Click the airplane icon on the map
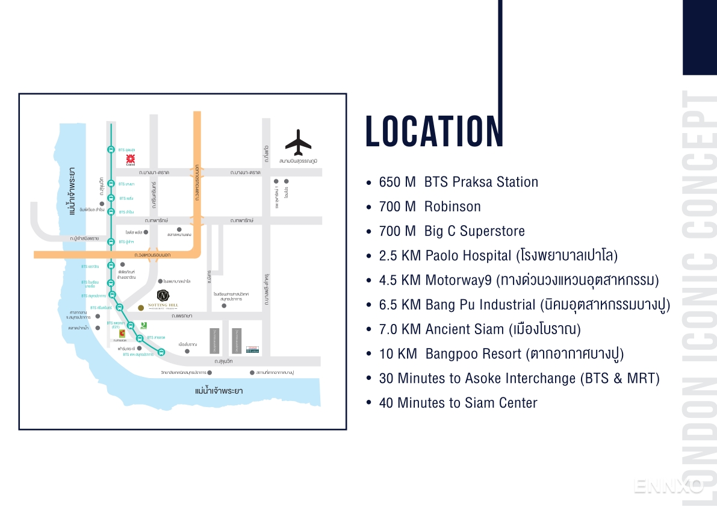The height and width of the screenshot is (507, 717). coord(298,142)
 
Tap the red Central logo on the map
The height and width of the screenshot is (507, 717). coord(130,159)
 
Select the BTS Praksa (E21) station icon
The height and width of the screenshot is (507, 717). coord(131,326)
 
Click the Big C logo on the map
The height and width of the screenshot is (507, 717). coord(122,333)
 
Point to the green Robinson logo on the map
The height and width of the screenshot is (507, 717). coord(143,325)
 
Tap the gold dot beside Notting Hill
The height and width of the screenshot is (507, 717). coord(141,308)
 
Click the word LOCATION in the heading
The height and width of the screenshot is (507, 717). coord(434,131)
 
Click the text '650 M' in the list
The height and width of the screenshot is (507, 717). coord(397,182)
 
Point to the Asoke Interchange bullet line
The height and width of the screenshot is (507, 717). coord(519,378)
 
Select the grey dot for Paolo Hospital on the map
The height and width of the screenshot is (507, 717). coord(160,281)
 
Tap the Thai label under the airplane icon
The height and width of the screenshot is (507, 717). coord(298,161)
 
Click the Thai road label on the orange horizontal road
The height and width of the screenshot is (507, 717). coord(153,255)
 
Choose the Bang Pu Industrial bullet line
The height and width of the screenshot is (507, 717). coord(524,305)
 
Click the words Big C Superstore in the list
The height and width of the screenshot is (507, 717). coord(474,231)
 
